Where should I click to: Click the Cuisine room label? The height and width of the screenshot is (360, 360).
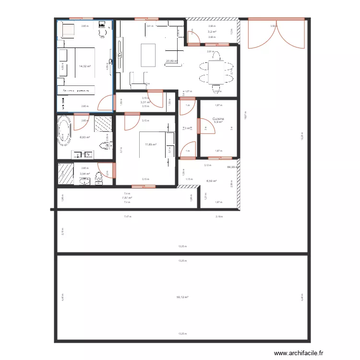tap(219, 118)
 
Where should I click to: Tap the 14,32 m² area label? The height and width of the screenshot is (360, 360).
tap(85, 66)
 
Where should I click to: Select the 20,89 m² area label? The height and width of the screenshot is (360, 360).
tap(171, 61)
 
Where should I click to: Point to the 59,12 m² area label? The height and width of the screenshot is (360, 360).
tap(182, 297)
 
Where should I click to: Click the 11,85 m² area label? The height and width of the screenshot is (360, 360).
tap(151, 144)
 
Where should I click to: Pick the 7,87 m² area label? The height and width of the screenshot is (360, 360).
tap(127, 198)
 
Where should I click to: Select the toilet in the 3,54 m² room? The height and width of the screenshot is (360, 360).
tap(99, 178)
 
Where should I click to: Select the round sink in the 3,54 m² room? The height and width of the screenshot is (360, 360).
tap(84, 180)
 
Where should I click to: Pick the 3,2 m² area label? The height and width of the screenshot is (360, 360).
tap(212, 32)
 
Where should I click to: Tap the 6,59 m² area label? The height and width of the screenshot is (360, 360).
tap(211, 181)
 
